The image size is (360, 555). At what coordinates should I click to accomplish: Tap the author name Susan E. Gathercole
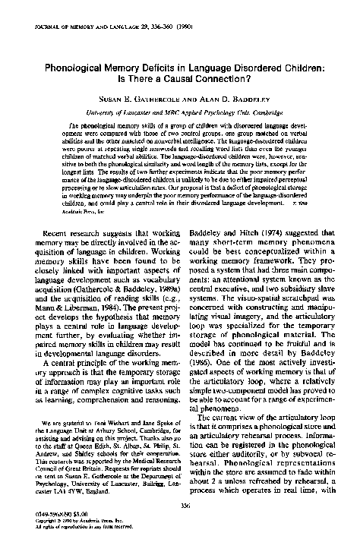click(x=139, y=99)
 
